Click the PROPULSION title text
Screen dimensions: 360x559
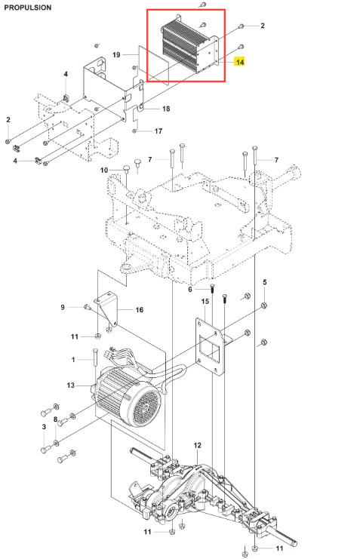click(x=28, y=8)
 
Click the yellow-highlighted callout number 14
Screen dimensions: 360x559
click(x=240, y=62)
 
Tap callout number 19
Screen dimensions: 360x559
click(x=116, y=55)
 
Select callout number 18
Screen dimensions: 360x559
click(x=166, y=109)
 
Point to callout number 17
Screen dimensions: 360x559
click(x=158, y=131)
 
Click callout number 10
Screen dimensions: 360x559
click(x=104, y=170)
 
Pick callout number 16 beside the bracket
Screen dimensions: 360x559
click(x=140, y=310)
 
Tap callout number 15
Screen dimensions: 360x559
click(x=205, y=302)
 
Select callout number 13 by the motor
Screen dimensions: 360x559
click(x=71, y=385)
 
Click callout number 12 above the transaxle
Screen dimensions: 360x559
click(x=197, y=445)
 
